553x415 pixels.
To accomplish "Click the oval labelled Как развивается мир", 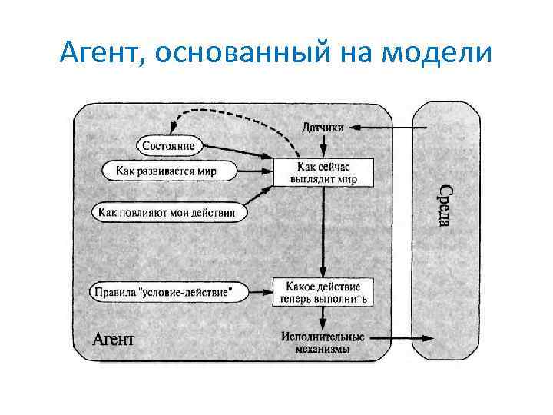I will click(170, 170).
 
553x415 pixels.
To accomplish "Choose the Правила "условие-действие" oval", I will click(171, 292).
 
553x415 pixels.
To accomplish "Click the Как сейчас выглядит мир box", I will click(323, 172).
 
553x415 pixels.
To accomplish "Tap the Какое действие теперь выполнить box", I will click(323, 291).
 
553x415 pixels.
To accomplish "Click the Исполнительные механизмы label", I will click(323, 343).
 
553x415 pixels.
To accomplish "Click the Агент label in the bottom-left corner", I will click(113, 338).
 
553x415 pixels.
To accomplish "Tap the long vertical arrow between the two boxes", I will click(323, 231).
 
